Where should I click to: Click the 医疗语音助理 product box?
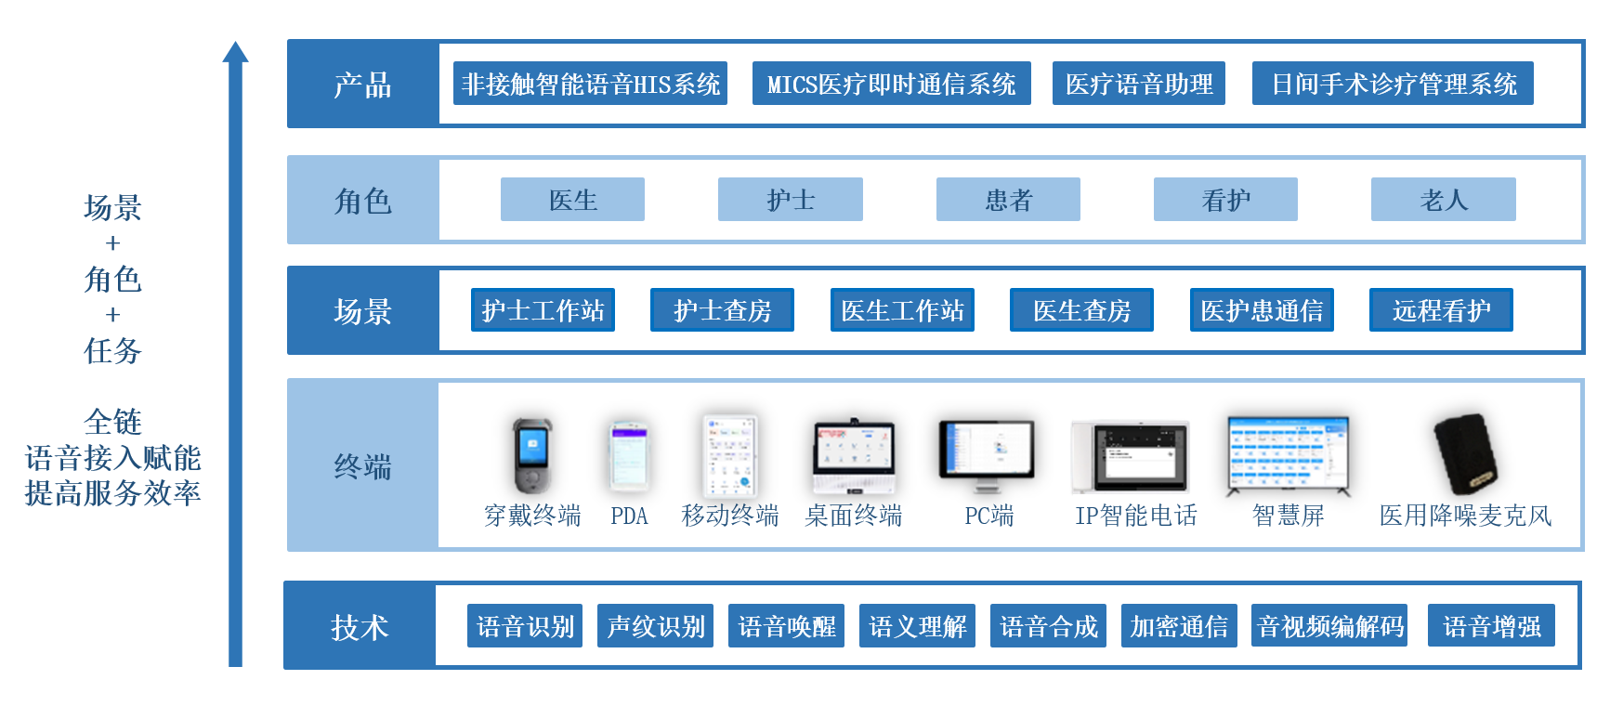point(1138,84)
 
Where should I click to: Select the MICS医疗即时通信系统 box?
point(891,84)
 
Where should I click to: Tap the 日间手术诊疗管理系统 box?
point(1392,84)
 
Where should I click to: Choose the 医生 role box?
point(572,200)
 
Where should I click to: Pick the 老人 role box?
point(1443,200)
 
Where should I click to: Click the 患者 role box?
point(1008,200)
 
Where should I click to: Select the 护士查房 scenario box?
point(722,310)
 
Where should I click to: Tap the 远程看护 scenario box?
point(1440,310)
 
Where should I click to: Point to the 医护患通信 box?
point(1261,310)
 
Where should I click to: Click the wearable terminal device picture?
point(532,455)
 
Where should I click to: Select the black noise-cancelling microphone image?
point(1464,455)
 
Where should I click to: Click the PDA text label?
point(629,516)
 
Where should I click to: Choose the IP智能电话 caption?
point(1135,516)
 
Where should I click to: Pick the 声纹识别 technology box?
point(655,626)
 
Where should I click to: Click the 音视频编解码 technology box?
point(1329,626)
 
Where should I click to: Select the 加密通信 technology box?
point(1178,626)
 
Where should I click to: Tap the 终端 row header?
point(362,465)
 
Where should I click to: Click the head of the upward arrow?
point(235,52)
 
